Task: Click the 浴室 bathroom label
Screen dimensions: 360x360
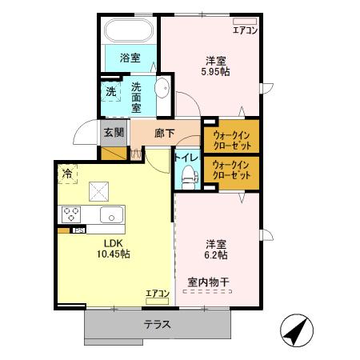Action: (129, 58)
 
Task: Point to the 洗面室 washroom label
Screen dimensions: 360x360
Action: (136, 97)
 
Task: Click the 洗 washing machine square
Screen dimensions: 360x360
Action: (111, 91)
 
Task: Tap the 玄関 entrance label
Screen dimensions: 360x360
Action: (113, 131)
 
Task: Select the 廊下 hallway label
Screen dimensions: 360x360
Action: (164, 132)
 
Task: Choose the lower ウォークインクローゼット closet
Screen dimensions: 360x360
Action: (230, 170)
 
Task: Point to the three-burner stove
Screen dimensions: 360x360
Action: (70, 214)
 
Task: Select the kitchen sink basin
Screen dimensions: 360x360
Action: (110, 214)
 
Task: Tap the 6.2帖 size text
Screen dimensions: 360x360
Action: (215, 255)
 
